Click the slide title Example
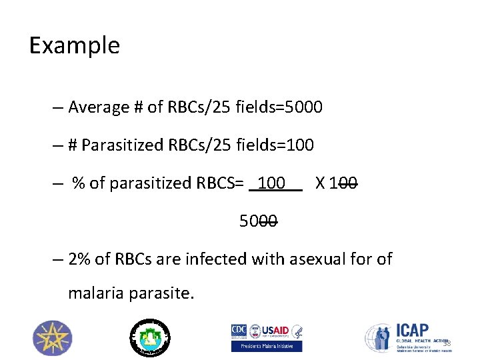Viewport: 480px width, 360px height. (75, 45)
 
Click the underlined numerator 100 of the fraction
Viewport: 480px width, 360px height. (272, 183)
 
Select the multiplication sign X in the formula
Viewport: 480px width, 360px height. (320, 183)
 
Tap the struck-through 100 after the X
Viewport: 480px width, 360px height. (344, 183)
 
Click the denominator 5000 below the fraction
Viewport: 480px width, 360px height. (259, 221)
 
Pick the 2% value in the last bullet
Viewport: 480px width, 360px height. (79, 259)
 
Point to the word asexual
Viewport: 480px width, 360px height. (319, 259)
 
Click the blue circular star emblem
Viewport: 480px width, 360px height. (53, 337)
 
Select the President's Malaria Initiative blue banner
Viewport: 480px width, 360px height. (267, 346)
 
